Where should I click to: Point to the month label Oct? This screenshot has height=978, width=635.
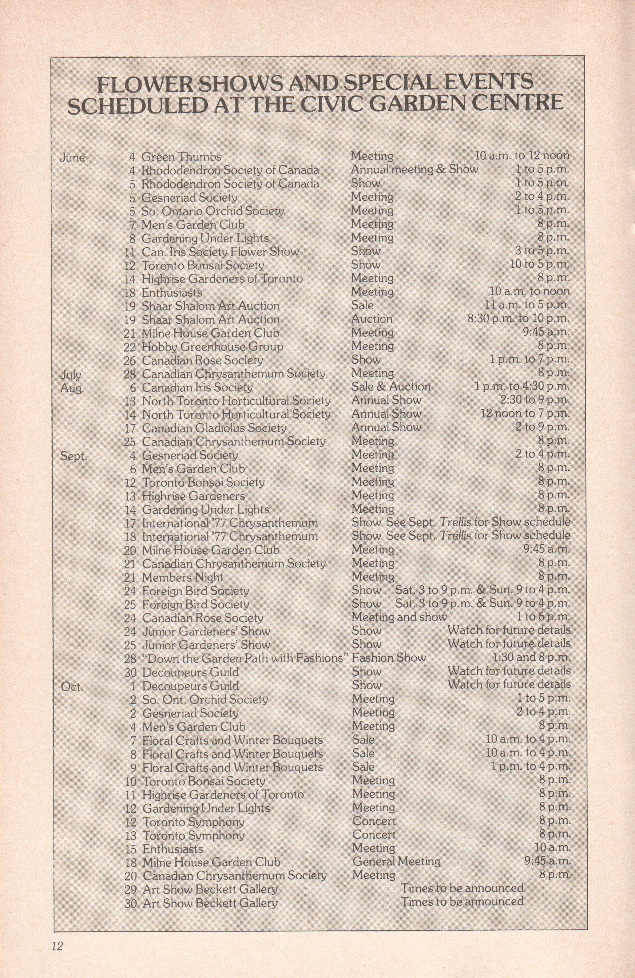point(72,686)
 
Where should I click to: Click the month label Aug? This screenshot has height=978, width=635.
point(72,388)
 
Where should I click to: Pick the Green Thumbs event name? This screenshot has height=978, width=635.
point(181,157)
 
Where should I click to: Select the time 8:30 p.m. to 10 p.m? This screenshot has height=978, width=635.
point(518,319)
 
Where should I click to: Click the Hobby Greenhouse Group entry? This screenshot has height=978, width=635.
point(213,347)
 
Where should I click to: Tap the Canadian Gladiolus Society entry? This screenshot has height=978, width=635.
point(214,428)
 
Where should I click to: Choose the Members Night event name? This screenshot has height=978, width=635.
point(182,577)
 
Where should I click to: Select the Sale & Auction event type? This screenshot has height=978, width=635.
point(390,387)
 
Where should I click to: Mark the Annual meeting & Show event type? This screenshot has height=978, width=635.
point(414,170)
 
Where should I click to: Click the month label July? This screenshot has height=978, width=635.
point(71,375)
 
